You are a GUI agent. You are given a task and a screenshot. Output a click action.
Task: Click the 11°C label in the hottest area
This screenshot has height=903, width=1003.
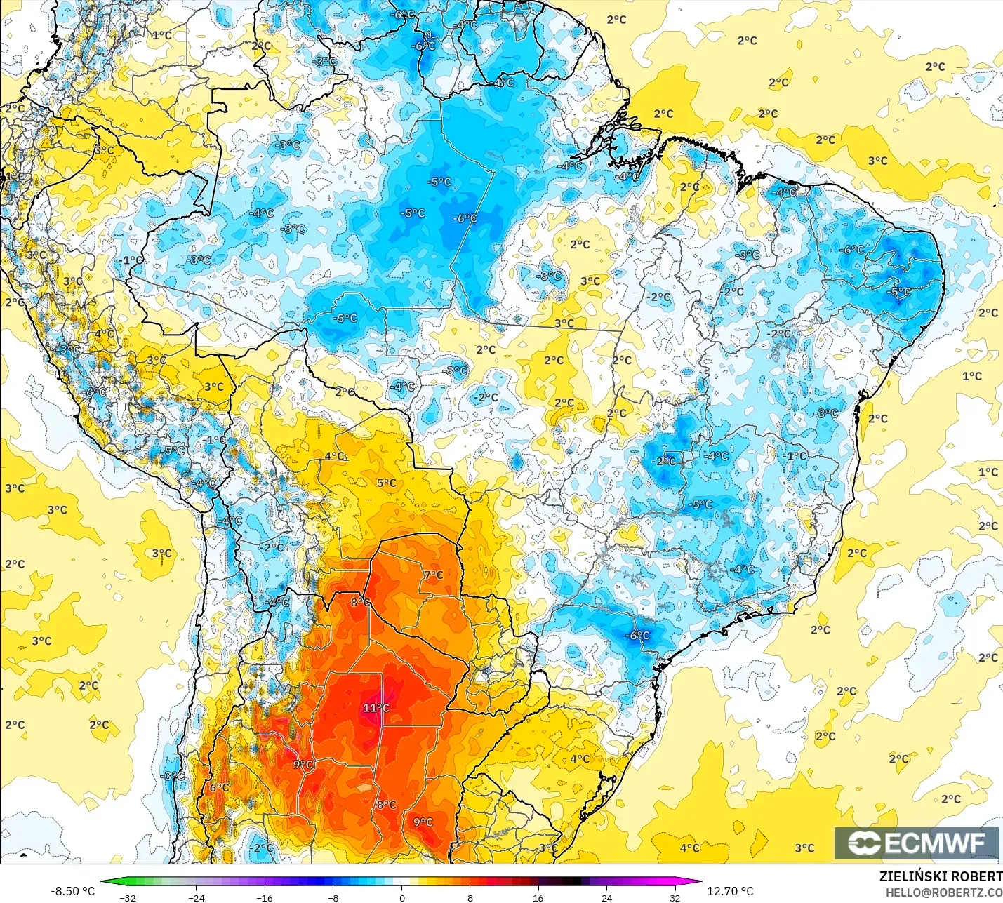376,708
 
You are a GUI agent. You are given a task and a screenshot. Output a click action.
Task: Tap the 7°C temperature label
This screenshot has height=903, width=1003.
433,575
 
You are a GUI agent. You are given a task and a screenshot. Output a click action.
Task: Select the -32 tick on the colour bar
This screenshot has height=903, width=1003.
128,897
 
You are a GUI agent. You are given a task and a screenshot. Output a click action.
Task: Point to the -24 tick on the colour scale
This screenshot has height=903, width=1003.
197,897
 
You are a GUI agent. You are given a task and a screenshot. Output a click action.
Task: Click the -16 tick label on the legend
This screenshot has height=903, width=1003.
264,897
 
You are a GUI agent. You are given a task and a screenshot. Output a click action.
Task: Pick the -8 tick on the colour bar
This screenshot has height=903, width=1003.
333,897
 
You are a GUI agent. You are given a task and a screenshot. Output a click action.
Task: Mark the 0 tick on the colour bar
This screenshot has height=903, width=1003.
401,897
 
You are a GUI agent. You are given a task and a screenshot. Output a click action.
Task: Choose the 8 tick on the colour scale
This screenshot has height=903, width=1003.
470,897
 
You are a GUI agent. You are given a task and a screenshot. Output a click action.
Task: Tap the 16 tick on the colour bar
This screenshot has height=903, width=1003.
538,897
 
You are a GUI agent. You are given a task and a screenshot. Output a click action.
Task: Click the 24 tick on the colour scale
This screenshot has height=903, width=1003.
606,897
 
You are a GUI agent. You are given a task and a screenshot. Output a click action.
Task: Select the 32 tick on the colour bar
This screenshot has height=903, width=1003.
675,897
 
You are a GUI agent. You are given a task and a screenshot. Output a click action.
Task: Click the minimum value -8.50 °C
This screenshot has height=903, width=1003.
72,890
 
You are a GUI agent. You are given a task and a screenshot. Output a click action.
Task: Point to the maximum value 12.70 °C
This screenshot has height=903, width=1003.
730,890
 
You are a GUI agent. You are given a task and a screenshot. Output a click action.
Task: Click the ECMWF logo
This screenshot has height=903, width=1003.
916,843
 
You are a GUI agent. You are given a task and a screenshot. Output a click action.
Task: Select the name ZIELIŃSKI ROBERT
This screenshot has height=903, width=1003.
941,876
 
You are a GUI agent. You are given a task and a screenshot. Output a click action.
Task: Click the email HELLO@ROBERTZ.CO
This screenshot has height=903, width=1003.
943,892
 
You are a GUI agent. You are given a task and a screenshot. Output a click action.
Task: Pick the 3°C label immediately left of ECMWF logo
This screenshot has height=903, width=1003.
804,848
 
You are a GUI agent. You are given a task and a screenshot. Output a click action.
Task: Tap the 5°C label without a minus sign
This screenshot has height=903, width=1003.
386,483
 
